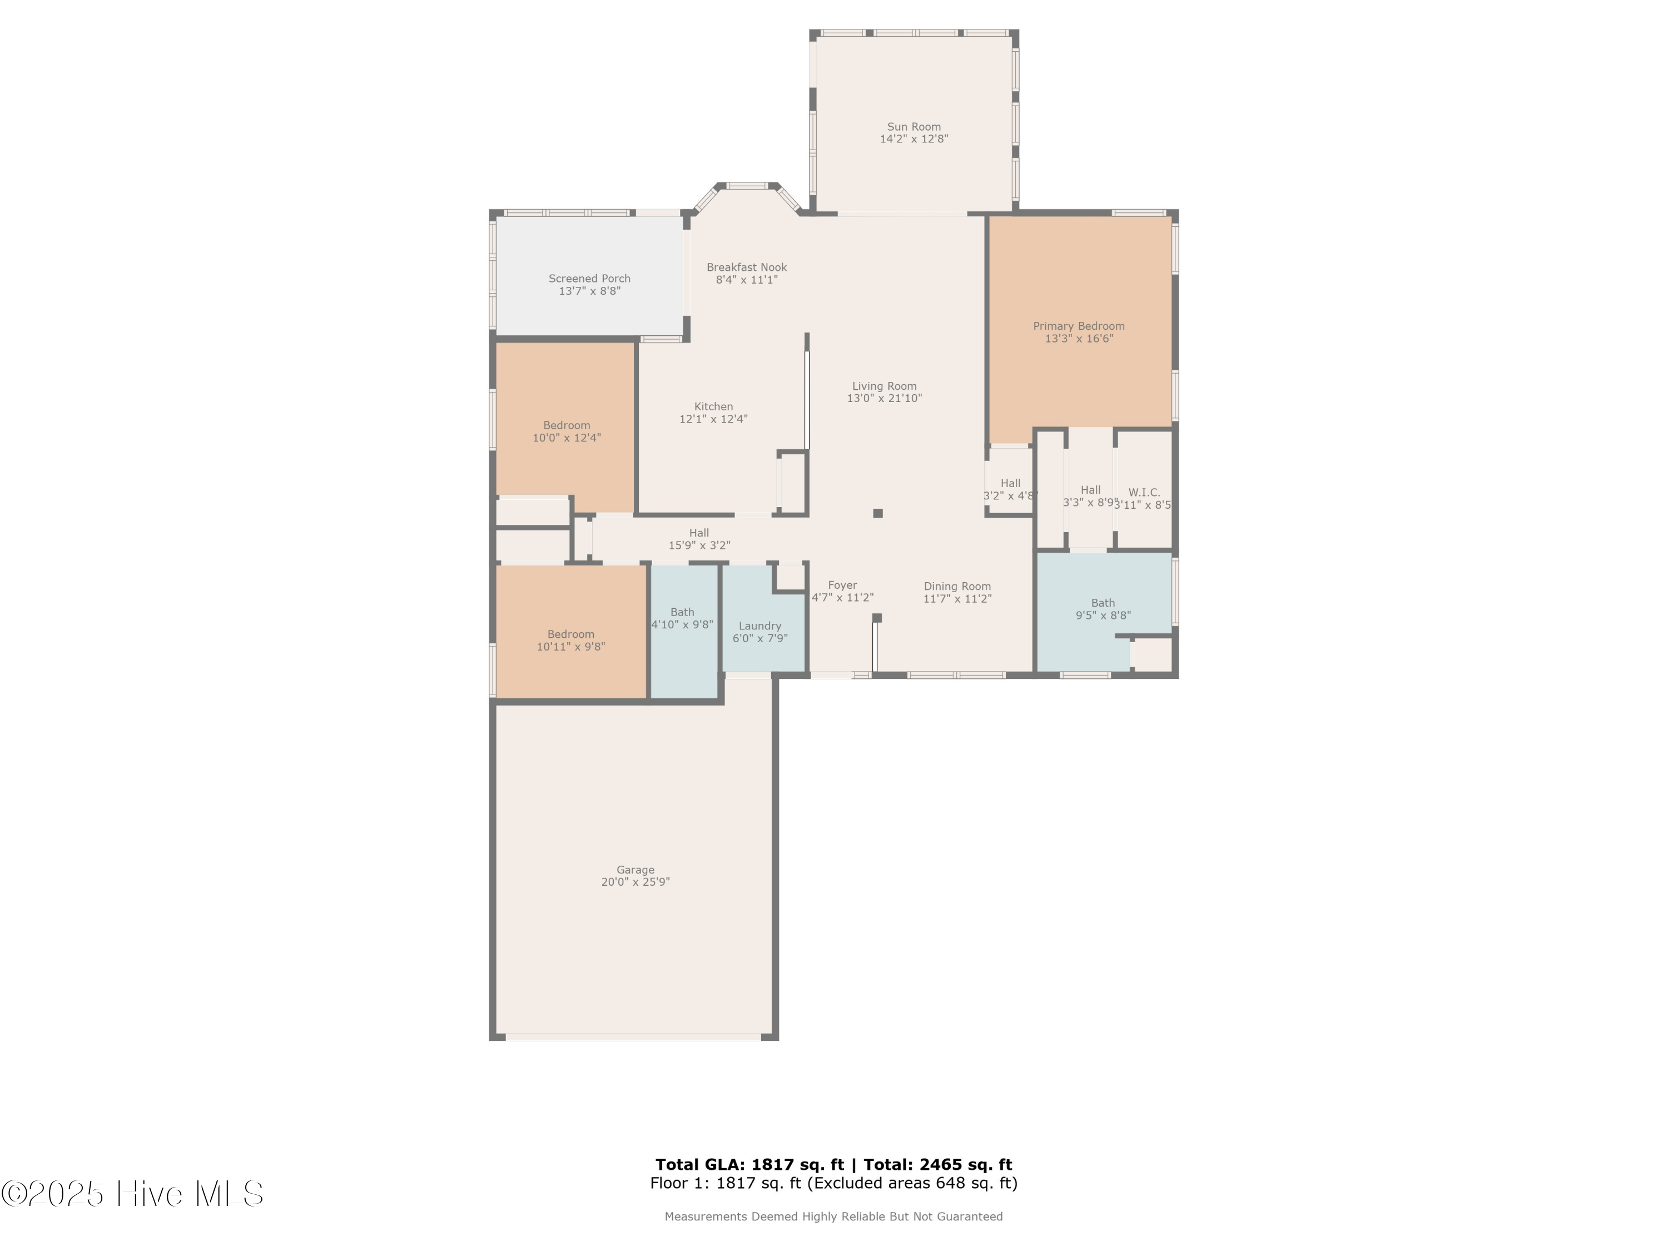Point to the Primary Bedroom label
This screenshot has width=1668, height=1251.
1078,326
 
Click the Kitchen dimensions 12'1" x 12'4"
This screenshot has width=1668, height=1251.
713,419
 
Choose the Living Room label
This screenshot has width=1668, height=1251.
884,386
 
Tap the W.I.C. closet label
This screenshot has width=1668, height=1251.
1143,493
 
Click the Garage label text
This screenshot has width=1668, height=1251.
635,870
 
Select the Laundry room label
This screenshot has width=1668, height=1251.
759,626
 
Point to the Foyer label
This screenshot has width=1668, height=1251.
842,585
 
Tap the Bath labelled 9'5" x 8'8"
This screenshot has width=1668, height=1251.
1103,603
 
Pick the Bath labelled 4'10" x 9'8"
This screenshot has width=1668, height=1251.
682,612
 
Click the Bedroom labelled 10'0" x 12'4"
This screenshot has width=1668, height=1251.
567,425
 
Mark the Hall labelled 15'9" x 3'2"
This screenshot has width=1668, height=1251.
698,533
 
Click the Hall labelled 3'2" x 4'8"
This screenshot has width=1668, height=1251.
1010,483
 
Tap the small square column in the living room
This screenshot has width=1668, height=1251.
878,514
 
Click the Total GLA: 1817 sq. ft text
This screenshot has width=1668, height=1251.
749,1165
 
